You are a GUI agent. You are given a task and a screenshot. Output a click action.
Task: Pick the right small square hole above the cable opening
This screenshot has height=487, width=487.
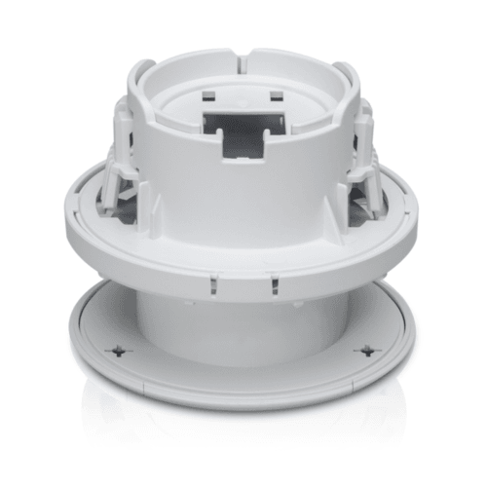click(x=276, y=95)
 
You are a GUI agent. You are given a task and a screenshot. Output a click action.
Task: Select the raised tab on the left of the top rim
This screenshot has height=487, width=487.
click(x=142, y=73)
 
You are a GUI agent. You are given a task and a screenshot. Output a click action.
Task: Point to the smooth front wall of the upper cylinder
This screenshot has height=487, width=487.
click(x=243, y=205)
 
